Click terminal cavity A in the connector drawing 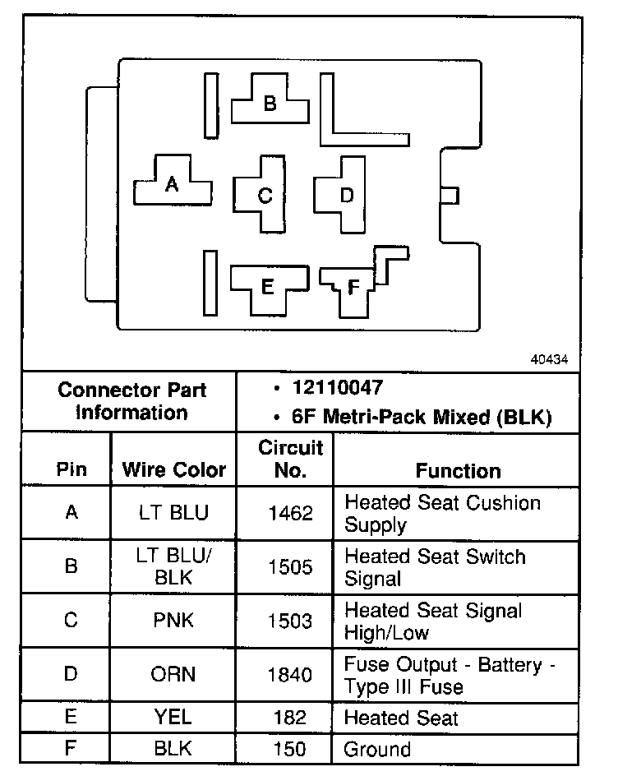pos(171,184)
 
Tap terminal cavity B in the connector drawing pos(270,104)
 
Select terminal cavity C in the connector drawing pos(265,196)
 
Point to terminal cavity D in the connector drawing pos(346,195)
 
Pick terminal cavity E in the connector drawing pos(266,287)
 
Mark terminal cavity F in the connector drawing pos(353,287)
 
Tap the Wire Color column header pos(173,470)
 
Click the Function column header pos(458,470)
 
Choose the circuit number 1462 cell pos(290,513)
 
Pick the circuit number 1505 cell pos(290,566)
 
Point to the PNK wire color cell pos(173,620)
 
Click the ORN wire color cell pos(173,674)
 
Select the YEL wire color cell pos(173,717)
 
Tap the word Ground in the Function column pos(377,749)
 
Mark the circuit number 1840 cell pos(290,674)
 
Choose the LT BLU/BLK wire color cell pos(173,566)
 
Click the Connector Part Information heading pos(131,400)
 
